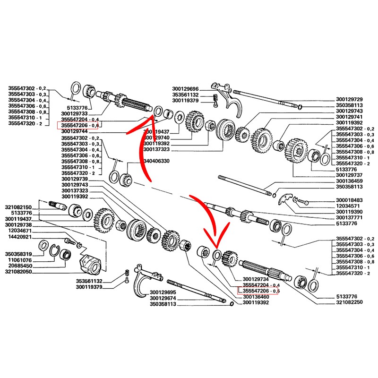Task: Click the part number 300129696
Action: point(186,89)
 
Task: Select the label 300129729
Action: point(349,99)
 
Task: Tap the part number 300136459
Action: point(349,181)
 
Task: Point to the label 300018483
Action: point(349,200)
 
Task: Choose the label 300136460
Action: point(256,297)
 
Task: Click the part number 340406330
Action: point(155,162)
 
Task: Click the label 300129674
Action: point(163,298)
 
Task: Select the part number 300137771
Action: point(349,218)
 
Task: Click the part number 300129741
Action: point(349,117)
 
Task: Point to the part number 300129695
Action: point(163,292)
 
